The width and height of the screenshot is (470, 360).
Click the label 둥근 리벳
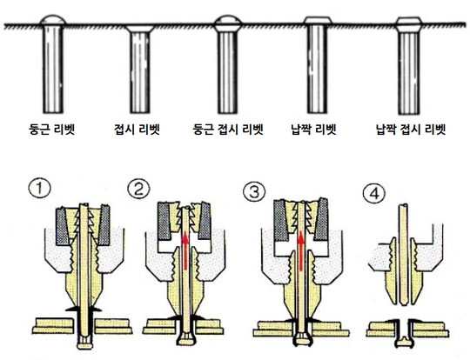51,130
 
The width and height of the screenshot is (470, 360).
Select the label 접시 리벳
137,130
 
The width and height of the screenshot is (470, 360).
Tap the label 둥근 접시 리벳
228,130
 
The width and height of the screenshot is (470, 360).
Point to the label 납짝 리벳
313,130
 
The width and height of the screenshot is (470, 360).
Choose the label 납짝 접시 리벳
411,130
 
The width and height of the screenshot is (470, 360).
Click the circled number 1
39,189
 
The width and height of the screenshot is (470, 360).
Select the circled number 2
138,189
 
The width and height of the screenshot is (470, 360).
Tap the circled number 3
254,192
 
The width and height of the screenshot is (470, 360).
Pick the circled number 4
374,193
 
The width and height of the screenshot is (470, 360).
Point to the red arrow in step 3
301,251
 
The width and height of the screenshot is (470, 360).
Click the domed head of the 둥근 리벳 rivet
53,20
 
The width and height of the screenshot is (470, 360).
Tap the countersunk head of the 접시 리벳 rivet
139,29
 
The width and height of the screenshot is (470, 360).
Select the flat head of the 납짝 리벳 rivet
318,20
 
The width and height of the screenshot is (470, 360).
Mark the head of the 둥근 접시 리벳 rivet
228,23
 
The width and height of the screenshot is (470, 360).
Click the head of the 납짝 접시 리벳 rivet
408,24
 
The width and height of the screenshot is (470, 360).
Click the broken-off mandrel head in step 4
404,342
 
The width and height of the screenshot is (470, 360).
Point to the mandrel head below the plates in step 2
186,339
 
